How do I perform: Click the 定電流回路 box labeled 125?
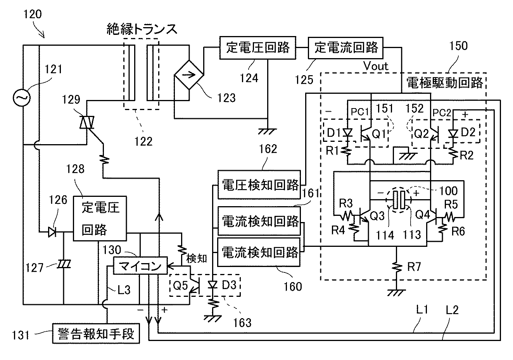(345, 48)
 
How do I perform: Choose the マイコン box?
(140, 266)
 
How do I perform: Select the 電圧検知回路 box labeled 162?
(259, 185)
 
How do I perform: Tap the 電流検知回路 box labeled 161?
(259, 221)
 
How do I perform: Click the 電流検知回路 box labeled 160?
(259, 252)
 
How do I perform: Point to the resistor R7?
(396, 267)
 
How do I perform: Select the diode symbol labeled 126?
(52, 233)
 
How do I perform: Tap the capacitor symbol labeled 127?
(63, 265)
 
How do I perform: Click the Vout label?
(376, 66)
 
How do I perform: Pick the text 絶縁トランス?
(142, 30)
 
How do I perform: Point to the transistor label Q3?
(379, 215)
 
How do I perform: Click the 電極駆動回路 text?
(445, 83)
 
